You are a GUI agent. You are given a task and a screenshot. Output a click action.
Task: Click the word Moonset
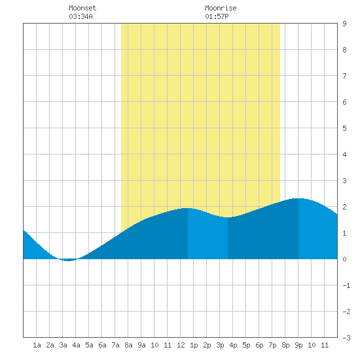pyautogui.click(x=82, y=8)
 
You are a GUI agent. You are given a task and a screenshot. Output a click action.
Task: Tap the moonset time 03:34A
pyautogui.click(x=81, y=16)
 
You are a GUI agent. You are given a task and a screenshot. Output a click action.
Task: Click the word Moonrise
pyautogui.click(x=221, y=8)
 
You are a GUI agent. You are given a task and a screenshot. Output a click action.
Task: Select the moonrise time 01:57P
pyautogui.click(x=217, y=16)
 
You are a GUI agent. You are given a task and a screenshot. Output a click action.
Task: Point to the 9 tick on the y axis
pyautogui.click(x=344, y=24)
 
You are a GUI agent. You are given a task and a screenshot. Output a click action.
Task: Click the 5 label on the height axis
pyautogui.click(x=344, y=128)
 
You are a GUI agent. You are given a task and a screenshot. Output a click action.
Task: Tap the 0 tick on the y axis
pyautogui.click(x=344, y=259)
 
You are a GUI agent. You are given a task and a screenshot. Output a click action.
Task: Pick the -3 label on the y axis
pyautogui.click(x=346, y=338)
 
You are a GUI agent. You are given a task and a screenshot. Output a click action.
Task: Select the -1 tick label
pyautogui.click(x=346, y=285)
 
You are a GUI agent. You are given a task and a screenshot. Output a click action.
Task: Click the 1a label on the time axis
pyautogui.click(x=37, y=345)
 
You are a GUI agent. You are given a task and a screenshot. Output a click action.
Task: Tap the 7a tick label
pyautogui.click(x=115, y=345)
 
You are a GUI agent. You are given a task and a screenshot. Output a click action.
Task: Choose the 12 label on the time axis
pyautogui.click(x=181, y=345)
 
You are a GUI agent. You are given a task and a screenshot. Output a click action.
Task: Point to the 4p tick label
pyautogui.click(x=233, y=345)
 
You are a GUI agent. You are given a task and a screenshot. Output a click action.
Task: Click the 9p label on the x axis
pyautogui.click(x=298, y=345)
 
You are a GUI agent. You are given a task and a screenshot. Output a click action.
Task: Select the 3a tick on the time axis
pyautogui.click(x=63, y=345)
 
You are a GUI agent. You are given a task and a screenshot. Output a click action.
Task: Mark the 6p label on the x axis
pyautogui.click(x=259, y=345)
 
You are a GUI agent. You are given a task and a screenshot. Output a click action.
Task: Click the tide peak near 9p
pyautogui.click(x=298, y=198)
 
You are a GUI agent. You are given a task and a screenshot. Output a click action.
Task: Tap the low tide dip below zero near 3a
pyautogui.click(x=67, y=261)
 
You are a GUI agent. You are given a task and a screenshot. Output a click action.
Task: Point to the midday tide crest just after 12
pyautogui.click(x=188, y=208)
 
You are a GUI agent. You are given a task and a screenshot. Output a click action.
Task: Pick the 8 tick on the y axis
pyautogui.click(x=344, y=50)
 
